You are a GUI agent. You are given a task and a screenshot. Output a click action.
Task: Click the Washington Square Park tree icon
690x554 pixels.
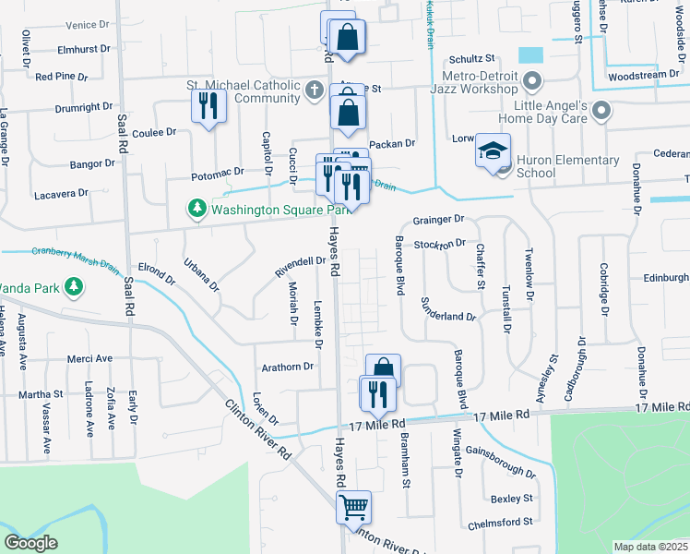196,210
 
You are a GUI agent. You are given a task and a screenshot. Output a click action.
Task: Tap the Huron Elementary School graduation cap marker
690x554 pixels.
493,151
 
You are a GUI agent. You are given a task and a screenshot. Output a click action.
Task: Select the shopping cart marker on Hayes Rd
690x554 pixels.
353,507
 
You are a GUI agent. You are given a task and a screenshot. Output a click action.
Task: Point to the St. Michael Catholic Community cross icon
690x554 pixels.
315,90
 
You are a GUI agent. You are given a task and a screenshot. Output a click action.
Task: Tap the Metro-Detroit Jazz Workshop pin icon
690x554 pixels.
531,82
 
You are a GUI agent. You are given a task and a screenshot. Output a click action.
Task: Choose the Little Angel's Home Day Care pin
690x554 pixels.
601,112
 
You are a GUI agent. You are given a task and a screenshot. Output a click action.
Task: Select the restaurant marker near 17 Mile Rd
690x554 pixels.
377,394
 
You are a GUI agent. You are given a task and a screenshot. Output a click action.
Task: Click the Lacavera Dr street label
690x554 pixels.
60,193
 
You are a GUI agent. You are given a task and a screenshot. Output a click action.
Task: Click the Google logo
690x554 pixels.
30,543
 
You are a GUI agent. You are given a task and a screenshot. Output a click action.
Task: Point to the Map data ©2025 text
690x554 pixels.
649,546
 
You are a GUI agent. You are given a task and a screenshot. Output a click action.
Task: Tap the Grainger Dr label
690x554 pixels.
437,219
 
